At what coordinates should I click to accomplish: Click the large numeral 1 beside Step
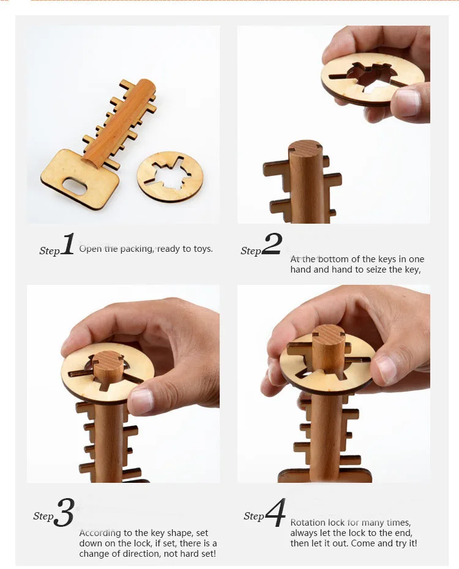[x=68, y=244]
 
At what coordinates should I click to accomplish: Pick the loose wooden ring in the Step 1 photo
[x=170, y=177]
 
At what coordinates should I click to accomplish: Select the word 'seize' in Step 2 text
[x=377, y=270]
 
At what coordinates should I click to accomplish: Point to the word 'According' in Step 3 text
[x=99, y=534]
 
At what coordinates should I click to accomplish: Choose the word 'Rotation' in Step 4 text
[x=308, y=523]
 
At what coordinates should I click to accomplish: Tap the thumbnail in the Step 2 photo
[x=408, y=101]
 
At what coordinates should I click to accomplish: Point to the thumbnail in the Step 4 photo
[x=387, y=370]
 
